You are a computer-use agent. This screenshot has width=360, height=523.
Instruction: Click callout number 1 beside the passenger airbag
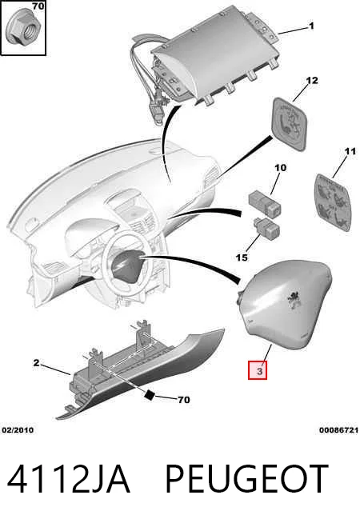click(311, 26)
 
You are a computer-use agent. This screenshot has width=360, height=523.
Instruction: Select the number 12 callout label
click(312, 81)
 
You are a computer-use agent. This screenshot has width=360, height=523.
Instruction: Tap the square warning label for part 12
click(290, 122)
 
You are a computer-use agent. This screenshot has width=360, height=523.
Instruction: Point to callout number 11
click(350, 152)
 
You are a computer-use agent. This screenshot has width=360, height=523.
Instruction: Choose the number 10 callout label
click(281, 167)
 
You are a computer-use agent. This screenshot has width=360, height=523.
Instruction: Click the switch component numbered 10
click(265, 203)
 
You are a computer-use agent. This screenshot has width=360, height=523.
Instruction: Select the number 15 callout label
click(242, 258)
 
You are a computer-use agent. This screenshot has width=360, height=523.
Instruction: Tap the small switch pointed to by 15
click(267, 227)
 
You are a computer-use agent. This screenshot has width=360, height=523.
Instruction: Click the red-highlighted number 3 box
click(258, 370)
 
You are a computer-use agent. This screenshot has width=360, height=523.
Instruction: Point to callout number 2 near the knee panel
click(36, 362)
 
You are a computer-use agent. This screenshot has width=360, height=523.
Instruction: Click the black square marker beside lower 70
click(149, 394)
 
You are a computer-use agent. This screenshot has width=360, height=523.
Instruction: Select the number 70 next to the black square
click(184, 399)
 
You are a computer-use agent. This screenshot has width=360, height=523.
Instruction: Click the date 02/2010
click(18, 430)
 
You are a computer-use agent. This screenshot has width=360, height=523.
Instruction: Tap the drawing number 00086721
click(338, 430)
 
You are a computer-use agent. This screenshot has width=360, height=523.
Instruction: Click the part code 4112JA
click(68, 479)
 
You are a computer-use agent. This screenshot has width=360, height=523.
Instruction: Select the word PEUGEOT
click(246, 479)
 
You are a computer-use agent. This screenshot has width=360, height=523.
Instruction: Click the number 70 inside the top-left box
click(38, 6)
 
